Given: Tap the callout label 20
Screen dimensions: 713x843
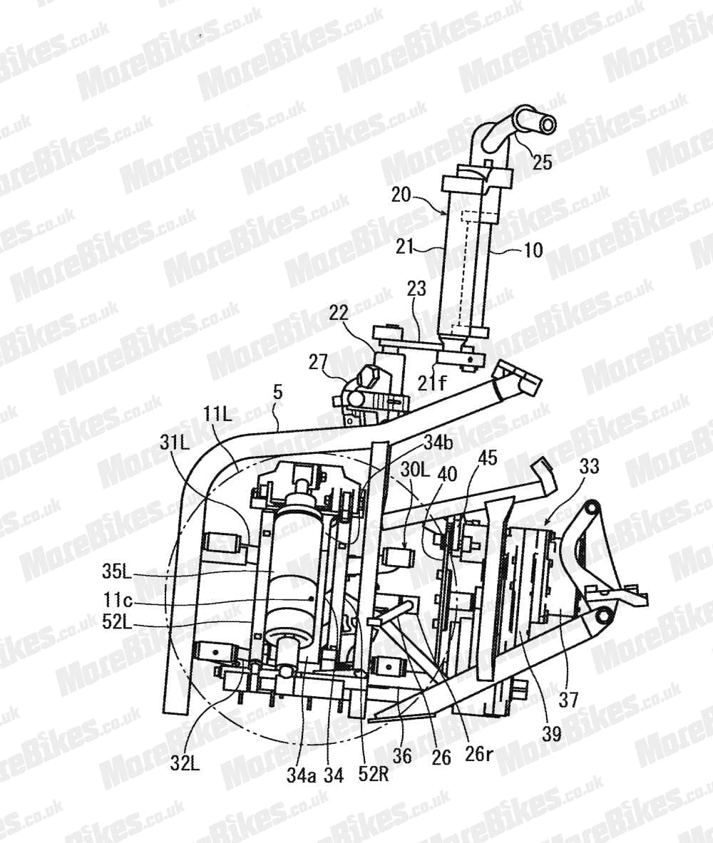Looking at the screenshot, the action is (x=401, y=194).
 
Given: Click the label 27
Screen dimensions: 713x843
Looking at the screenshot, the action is (x=318, y=362).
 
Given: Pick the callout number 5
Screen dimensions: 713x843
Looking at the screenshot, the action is (x=277, y=393).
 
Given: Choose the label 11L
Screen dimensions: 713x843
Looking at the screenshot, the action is (x=217, y=414).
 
